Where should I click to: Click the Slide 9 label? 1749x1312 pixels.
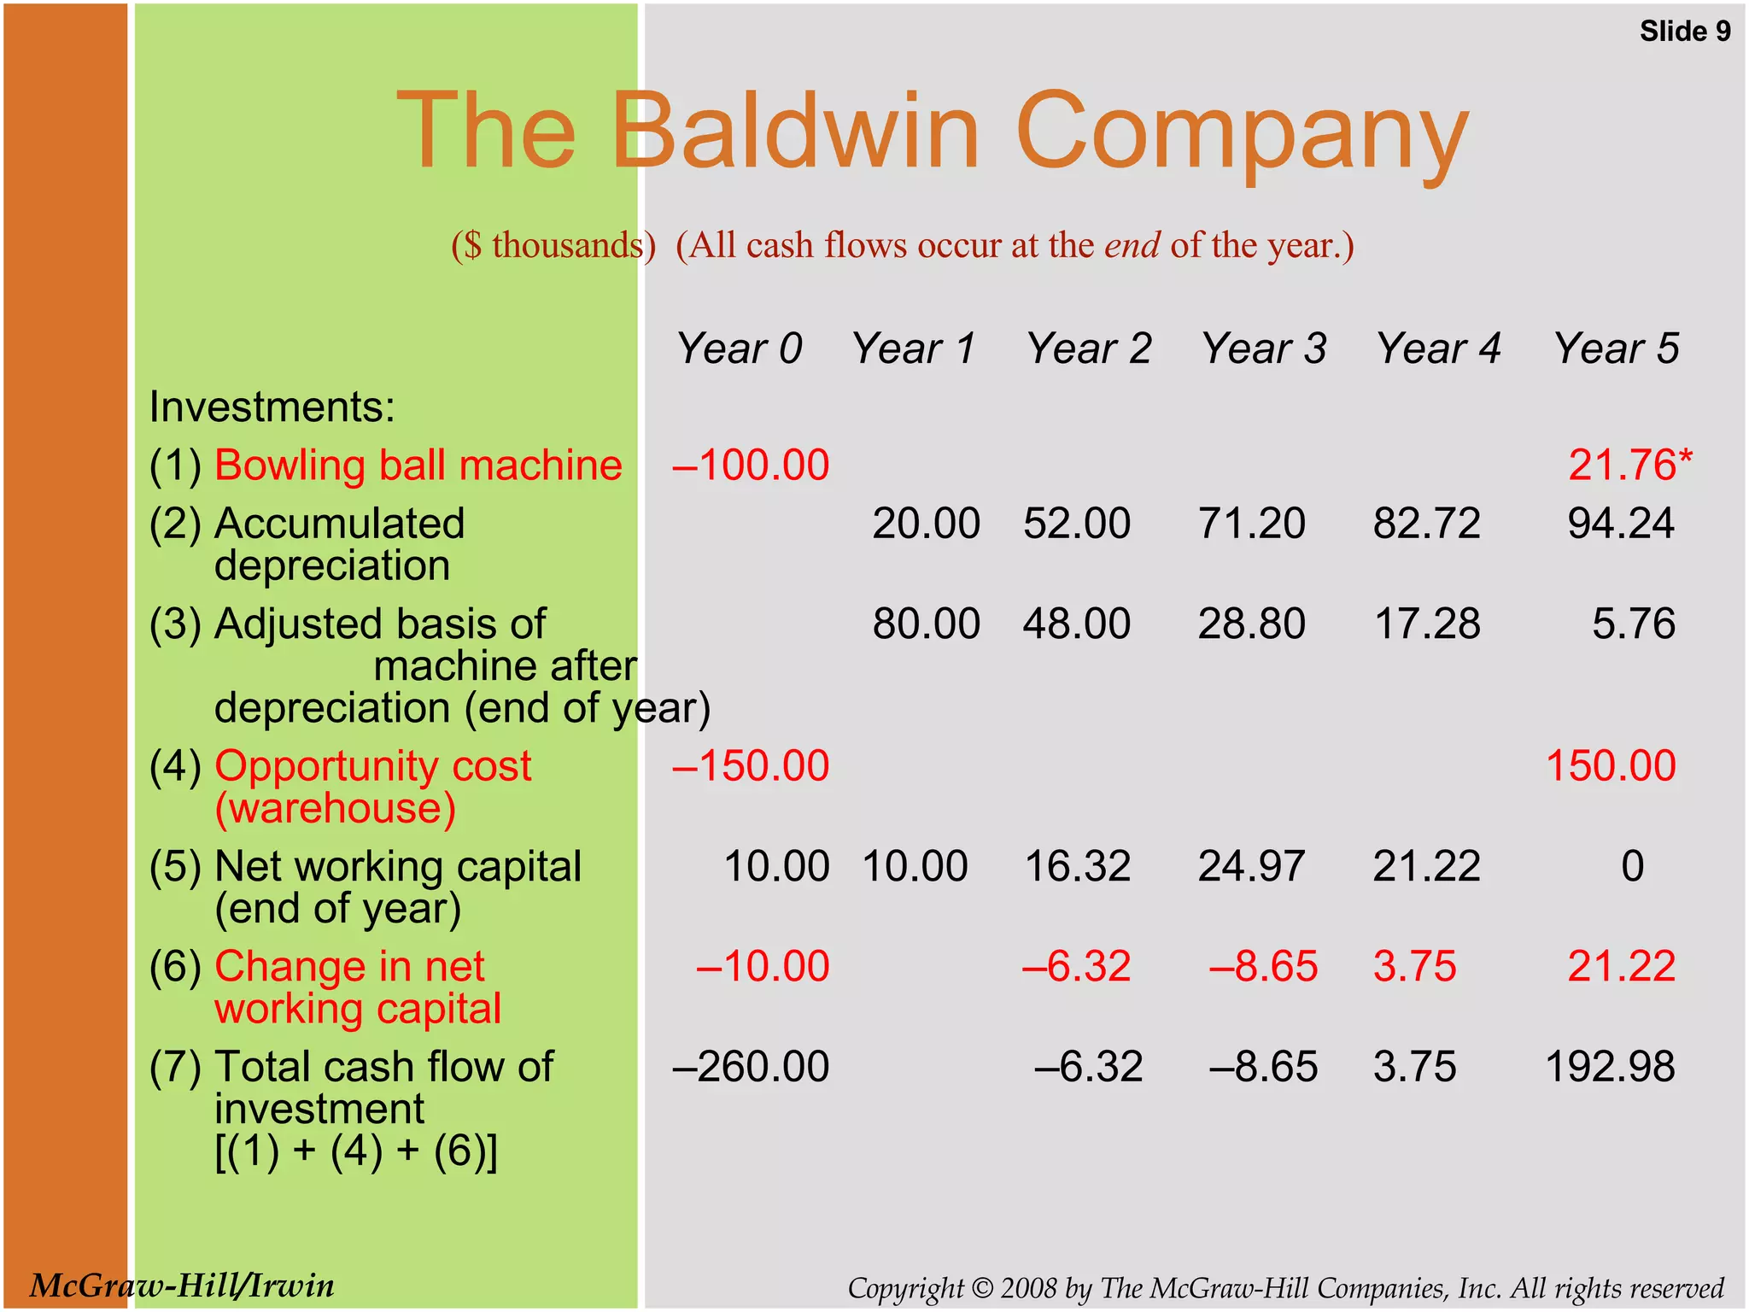click(1684, 32)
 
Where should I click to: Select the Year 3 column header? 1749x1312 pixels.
click(1263, 348)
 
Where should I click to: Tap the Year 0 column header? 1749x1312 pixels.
click(739, 348)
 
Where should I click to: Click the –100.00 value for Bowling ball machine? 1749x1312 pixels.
click(751, 466)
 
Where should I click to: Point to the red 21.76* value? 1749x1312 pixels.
click(1629, 466)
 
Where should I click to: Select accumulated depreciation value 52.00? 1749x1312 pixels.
click(1077, 524)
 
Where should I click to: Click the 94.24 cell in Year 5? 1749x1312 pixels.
click(1620, 524)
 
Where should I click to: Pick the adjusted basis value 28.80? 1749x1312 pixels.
click(1251, 624)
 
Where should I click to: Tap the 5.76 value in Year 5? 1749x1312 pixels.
click(1633, 624)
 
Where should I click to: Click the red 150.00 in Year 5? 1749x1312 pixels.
click(1611, 766)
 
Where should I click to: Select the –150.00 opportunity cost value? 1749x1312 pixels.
click(751, 766)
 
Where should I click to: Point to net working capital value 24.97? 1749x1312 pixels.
click(1251, 866)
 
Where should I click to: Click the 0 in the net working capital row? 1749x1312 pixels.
click(1632, 866)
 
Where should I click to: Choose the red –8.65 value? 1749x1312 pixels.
click(1263, 967)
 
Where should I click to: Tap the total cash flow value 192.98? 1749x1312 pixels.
click(1611, 1067)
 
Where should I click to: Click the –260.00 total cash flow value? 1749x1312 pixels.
click(751, 1067)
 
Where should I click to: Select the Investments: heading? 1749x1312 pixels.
click(272, 407)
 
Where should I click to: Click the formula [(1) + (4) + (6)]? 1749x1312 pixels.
click(355, 1151)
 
